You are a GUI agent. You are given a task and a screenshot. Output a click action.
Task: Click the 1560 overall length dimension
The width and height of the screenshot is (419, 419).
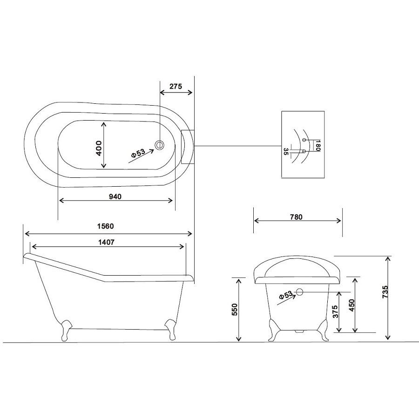tap(106, 226)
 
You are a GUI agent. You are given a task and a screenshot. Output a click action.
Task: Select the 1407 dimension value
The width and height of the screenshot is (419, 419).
tap(106, 242)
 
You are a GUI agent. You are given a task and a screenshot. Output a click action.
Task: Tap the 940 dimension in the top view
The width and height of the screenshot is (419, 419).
tap(115, 196)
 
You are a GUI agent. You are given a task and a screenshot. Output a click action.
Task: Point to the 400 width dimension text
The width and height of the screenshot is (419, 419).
tap(98, 149)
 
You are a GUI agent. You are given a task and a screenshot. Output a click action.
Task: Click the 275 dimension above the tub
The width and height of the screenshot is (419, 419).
tap(176, 86)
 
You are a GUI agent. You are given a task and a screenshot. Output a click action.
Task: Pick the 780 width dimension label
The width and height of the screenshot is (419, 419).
tap(296, 217)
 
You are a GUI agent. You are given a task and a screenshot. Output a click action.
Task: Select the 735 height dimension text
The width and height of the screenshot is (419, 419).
tap(385, 292)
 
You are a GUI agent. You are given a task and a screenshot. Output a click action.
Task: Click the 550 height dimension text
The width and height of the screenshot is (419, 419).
tap(234, 310)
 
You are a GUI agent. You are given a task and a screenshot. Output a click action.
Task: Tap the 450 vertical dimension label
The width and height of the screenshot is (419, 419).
tap(351, 305)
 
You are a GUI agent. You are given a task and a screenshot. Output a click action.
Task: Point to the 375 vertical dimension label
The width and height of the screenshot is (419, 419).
tap(336, 311)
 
